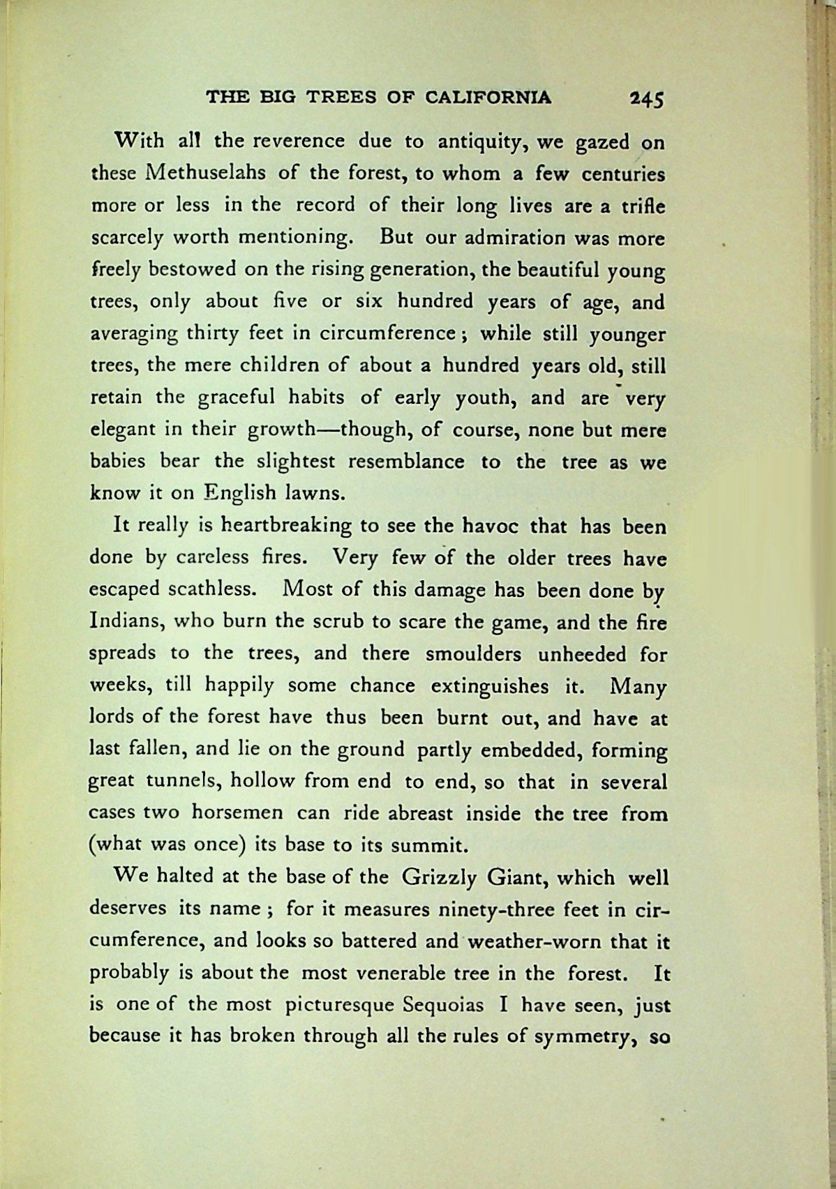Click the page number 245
(645, 98)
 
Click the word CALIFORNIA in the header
(488, 97)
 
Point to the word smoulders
(472, 654)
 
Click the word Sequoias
(442, 1006)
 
